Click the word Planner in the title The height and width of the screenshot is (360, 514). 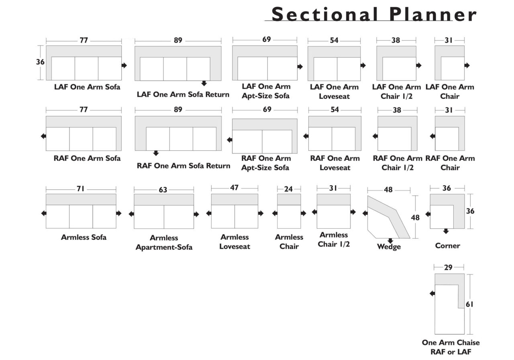coord(433,14)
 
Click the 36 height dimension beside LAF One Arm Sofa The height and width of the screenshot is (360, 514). coord(40,62)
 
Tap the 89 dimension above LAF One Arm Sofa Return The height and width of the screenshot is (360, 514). coord(178,40)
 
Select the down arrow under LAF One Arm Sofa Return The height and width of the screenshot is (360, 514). coord(204,83)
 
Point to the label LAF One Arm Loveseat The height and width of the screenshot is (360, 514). coord(335,91)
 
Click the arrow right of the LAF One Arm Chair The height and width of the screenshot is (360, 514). coord(467,65)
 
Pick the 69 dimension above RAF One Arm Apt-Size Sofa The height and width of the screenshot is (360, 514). coord(267,109)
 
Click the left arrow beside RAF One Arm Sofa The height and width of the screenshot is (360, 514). coord(43,136)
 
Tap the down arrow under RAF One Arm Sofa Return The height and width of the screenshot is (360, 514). coord(156,153)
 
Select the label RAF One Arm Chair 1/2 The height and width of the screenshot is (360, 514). coord(398,163)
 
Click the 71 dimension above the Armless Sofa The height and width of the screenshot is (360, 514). coord(81,189)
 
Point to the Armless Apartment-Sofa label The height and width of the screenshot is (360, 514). coord(164,242)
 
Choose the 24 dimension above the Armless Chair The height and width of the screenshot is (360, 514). coord(288,189)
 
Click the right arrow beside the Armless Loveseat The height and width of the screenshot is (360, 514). coord(261,213)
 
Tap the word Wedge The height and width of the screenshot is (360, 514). coord(389,247)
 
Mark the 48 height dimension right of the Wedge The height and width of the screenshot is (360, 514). coord(415,217)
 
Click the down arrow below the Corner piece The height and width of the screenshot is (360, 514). coord(446,231)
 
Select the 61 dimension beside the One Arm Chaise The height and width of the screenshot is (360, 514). coord(469,304)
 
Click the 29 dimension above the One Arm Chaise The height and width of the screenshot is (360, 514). coord(448,268)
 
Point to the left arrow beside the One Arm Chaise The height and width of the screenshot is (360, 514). coord(432,293)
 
